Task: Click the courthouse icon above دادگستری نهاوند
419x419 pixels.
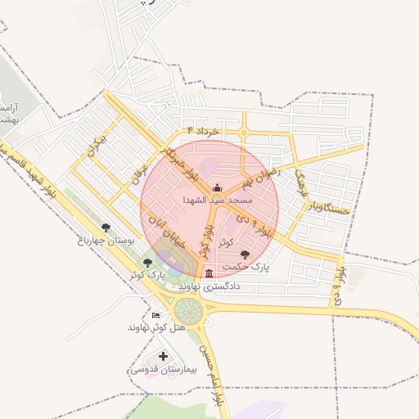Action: [209, 273]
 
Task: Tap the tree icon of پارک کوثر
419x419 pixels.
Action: [147, 263]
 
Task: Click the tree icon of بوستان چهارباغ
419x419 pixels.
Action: [105, 228]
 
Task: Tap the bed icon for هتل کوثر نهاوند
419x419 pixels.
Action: [155, 315]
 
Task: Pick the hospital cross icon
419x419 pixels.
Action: [164, 356]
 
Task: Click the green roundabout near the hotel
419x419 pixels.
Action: [187, 310]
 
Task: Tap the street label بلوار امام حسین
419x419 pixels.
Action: [217, 376]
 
